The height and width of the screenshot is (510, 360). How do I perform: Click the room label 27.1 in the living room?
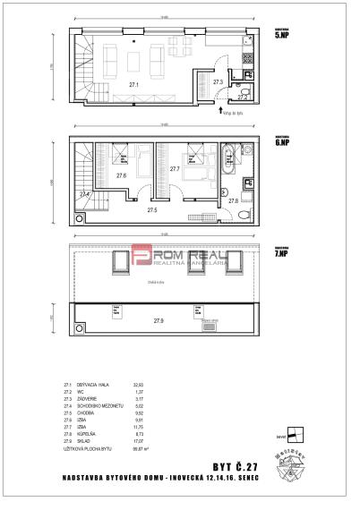point(133,85)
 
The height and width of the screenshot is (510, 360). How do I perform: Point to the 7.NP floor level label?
point(280,255)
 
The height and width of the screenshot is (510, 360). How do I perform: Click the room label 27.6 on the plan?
point(120,175)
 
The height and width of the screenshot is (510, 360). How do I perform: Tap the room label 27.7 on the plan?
point(175,168)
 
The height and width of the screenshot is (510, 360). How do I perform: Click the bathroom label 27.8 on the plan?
point(234,201)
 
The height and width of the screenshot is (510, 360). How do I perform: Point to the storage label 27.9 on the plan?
point(159,319)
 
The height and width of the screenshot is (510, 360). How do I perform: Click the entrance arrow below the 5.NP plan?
point(220,111)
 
